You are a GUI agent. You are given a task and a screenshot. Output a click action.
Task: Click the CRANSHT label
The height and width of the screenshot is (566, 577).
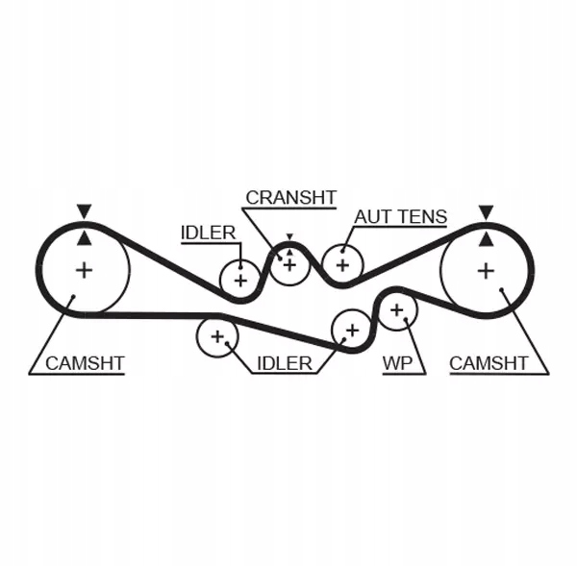pos(290,197)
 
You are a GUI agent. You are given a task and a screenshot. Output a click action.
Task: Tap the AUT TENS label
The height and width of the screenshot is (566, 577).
pos(400,216)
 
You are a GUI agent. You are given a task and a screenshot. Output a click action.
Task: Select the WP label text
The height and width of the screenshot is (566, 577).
pos(397,363)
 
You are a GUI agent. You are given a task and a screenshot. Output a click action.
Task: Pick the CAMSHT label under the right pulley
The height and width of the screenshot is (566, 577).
pos(489,363)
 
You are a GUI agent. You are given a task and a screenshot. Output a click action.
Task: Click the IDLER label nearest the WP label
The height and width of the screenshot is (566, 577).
pos(284,363)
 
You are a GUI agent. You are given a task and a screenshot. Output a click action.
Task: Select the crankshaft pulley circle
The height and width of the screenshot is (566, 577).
pos(288,264)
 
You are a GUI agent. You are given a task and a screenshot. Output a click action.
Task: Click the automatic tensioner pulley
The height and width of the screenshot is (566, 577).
pos(340,263)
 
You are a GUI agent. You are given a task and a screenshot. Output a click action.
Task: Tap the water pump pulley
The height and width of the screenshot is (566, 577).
pos(396,310)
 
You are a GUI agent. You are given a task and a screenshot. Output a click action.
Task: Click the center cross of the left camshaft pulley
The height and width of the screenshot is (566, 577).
pos(85,270)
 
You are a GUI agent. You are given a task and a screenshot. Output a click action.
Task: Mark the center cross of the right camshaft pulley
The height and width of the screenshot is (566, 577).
pos(487,270)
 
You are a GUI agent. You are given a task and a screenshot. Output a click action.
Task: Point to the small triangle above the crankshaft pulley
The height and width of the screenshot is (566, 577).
pos(288,237)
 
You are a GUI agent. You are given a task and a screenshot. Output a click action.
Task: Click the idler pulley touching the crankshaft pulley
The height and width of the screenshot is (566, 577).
pos(239,280)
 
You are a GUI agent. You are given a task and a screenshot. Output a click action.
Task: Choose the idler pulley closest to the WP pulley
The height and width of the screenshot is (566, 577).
pos(351,331)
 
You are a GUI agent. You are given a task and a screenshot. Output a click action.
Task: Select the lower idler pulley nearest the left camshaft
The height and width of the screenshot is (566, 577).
pos(217,337)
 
